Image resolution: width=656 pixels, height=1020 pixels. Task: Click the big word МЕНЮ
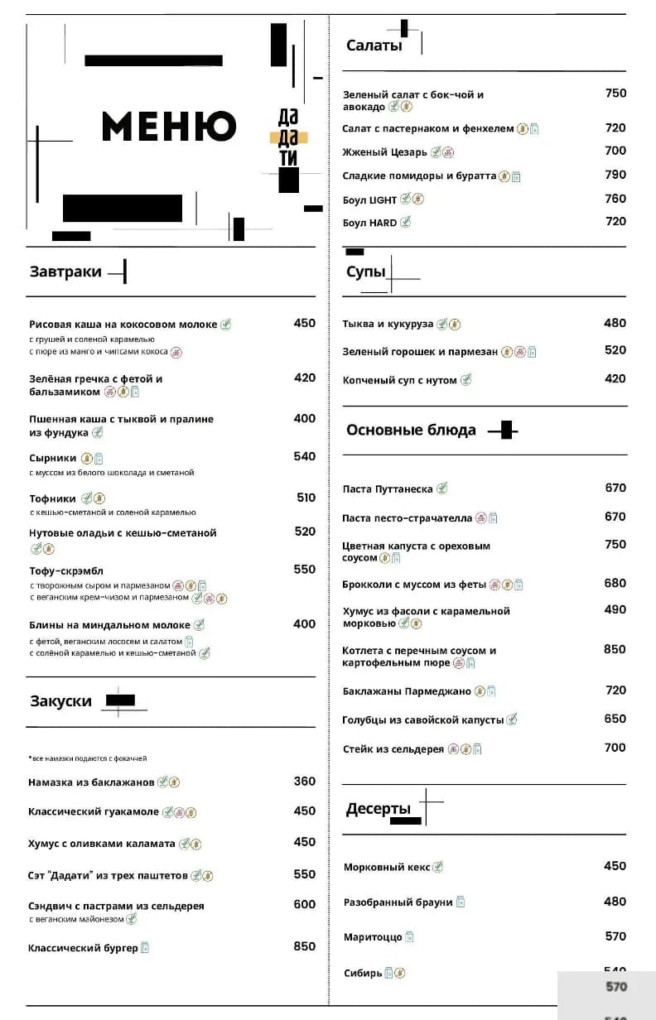(x=169, y=126)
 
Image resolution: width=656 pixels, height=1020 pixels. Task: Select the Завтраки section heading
(x=65, y=272)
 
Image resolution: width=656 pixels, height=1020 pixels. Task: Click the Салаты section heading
(x=374, y=46)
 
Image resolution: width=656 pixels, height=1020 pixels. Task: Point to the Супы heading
(x=365, y=272)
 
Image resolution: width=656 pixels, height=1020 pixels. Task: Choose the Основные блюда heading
(x=411, y=430)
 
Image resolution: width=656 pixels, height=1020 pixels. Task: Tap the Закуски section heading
(x=60, y=701)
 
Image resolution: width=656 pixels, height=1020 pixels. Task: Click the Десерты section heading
(x=378, y=809)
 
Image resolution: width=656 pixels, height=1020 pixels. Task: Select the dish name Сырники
(x=52, y=458)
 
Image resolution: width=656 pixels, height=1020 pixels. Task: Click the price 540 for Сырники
(x=305, y=456)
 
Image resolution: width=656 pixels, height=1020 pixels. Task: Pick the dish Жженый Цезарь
(x=384, y=152)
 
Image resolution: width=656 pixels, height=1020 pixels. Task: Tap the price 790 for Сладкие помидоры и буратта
(x=615, y=175)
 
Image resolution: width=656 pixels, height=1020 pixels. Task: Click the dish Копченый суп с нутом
(x=399, y=380)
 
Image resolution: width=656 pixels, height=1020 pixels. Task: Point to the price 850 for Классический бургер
(x=305, y=946)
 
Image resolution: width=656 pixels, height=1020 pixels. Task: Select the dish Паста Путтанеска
(x=388, y=489)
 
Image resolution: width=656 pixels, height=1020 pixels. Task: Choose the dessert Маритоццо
(x=373, y=937)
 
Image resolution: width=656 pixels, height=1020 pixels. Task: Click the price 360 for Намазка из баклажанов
(x=305, y=782)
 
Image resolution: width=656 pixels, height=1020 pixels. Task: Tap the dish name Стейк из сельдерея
(x=393, y=749)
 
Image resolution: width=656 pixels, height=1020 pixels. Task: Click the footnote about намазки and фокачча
(x=88, y=758)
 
